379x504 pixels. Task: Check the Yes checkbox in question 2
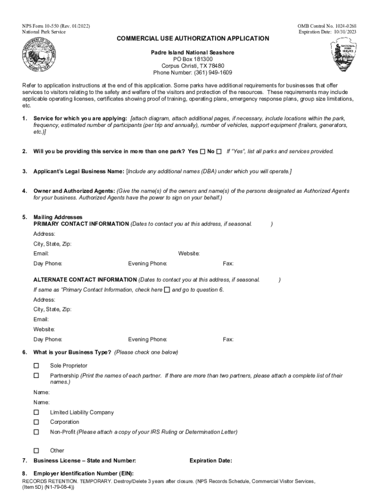point(202,152)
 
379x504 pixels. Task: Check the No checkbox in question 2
point(219,152)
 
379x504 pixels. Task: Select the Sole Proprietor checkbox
point(36,366)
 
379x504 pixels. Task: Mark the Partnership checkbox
point(36,376)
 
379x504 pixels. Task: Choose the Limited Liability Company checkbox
point(36,412)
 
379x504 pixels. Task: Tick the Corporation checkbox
point(36,422)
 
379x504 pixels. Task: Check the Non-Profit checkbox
point(36,432)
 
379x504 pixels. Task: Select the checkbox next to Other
point(36,450)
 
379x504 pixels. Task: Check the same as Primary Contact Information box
point(167,289)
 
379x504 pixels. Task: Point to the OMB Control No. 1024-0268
point(327,26)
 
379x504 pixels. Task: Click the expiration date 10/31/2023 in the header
point(343,32)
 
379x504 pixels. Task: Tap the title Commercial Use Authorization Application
point(192,38)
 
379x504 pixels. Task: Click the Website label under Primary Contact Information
point(189,253)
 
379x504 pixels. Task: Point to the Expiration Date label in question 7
point(211,461)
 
